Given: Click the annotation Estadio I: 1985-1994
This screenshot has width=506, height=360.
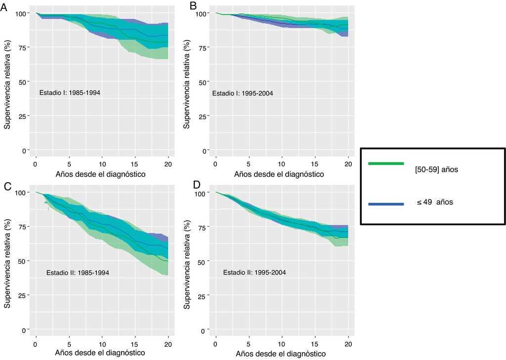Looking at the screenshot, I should (70, 92).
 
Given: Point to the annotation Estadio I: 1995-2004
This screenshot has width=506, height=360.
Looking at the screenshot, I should (243, 93).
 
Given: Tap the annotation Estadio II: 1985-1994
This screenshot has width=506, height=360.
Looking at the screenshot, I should (77, 272).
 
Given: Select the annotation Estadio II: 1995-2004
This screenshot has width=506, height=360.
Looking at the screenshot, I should (254, 272).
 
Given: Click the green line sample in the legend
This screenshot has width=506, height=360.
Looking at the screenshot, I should (385, 163).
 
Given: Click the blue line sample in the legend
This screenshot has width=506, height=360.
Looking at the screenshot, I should (385, 203).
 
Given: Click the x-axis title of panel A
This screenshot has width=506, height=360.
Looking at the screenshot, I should (101, 174).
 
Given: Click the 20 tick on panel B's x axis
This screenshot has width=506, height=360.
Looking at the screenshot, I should (348, 163).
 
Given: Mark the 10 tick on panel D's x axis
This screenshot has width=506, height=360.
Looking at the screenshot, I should (282, 343).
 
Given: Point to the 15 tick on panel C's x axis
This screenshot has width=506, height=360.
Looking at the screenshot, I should (135, 343).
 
